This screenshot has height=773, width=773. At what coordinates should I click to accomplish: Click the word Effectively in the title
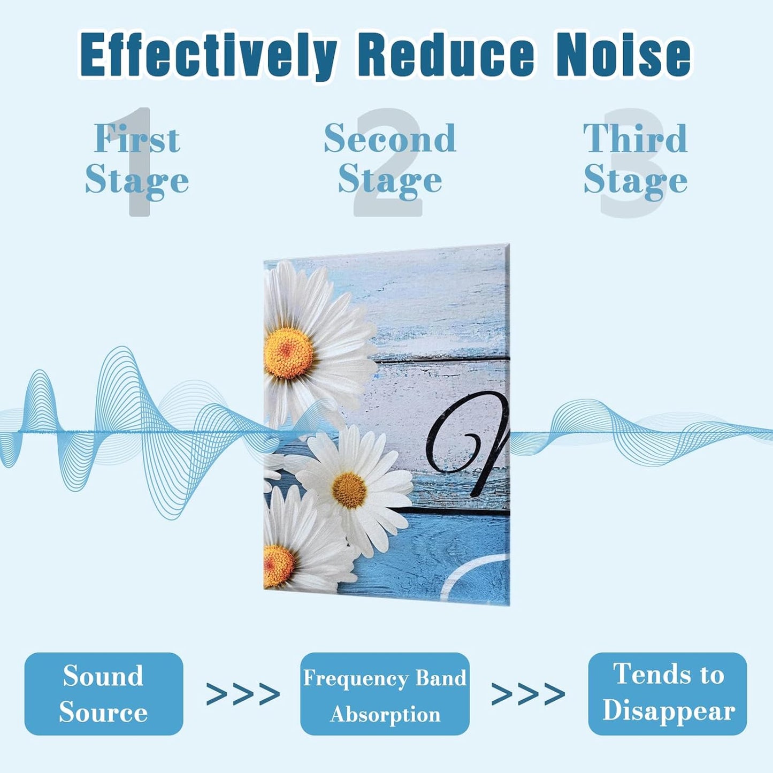pyautogui.click(x=209, y=55)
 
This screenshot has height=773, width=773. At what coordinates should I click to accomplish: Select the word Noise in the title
pyautogui.click(x=623, y=55)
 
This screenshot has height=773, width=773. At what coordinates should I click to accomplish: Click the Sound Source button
pyautogui.click(x=104, y=693)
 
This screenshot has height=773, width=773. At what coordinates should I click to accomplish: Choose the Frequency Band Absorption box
pyautogui.click(x=385, y=693)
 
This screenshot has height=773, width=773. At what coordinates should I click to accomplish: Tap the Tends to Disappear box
pyautogui.click(x=667, y=693)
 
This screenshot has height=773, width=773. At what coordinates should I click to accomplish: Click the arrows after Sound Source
pyautogui.click(x=243, y=694)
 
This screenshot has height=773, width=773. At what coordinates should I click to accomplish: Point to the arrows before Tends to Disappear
pyautogui.click(x=528, y=694)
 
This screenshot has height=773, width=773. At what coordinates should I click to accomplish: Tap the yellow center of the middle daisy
pyautogui.click(x=349, y=490)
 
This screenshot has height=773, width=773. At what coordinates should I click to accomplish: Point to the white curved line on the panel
pyautogui.click(x=471, y=575)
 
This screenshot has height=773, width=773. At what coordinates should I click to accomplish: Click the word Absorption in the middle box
pyautogui.click(x=385, y=714)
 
